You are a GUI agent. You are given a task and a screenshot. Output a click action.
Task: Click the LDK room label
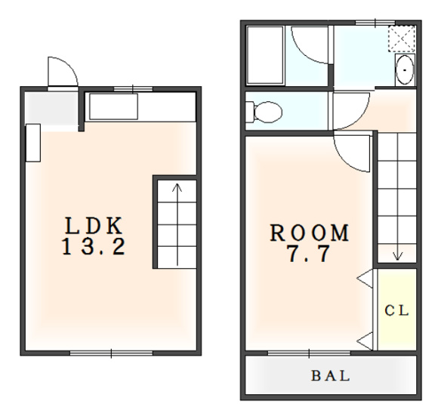pyautogui.click(x=94, y=226)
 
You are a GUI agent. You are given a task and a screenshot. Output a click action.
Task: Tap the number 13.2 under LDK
pyautogui.click(x=94, y=247)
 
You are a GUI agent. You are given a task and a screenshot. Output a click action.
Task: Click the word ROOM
pyautogui.click(x=310, y=233)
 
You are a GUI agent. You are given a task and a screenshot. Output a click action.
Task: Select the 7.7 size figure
pyautogui.click(x=309, y=254)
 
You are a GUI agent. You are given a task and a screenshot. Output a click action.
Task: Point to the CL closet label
pyautogui.click(x=396, y=310)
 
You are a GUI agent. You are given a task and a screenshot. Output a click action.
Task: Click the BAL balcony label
pyautogui.click(x=331, y=376)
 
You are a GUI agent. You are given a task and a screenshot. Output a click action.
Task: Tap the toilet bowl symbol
pyautogui.click(x=264, y=112)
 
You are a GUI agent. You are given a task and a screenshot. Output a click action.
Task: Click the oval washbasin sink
pyautogui.click(x=405, y=69)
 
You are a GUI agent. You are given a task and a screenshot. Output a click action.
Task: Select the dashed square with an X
pyautogui.click(x=402, y=39)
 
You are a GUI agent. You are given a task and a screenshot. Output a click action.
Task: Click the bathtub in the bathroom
pyautogui.click(x=265, y=55)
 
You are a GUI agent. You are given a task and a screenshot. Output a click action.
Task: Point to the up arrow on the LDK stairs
pyautogui.click(x=177, y=224)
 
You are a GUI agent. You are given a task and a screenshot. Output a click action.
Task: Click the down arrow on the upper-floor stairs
pyautogui.click(x=397, y=197)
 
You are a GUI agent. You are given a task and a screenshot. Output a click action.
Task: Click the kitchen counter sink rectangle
pyautogui.click(x=113, y=106)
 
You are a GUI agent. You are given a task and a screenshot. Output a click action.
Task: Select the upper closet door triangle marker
pyautogui.click(x=365, y=279)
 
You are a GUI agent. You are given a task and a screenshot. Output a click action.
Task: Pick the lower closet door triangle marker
pyautogui.click(x=365, y=341)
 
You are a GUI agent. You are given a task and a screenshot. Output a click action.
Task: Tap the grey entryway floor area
pyautogui.click(x=51, y=108)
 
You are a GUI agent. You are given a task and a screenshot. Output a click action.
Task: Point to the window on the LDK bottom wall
pyautogui.click(x=111, y=353)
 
